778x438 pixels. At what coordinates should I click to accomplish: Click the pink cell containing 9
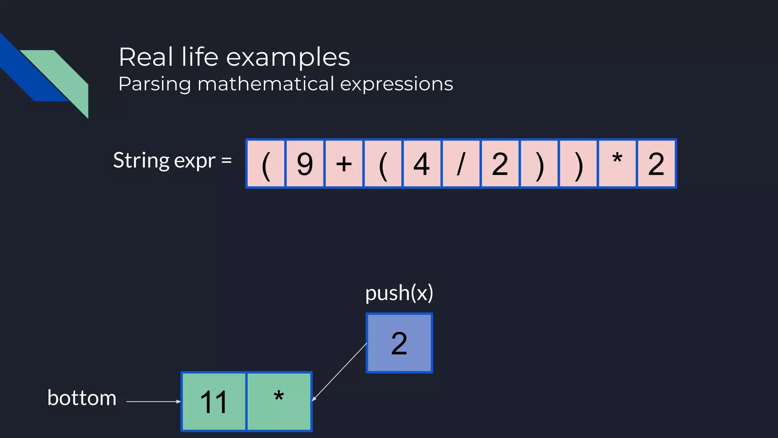click(305, 164)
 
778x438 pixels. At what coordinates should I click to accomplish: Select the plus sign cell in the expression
click(344, 164)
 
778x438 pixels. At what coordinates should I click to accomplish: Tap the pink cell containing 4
click(422, 164)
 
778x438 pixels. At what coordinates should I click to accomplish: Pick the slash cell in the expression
click(461, 164)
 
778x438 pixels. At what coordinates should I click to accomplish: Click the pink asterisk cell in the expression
click(617, 164)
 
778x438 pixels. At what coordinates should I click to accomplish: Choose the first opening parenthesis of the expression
click(266, 164)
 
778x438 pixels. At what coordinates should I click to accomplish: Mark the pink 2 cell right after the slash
click(500, 164)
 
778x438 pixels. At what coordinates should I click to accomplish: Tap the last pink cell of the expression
click(656, 164)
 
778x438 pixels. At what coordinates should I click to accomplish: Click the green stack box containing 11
click(214, 401)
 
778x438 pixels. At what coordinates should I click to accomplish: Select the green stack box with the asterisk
click(279, 401)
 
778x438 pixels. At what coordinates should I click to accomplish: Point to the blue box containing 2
click(399, 343)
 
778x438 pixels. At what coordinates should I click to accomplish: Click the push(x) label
click(399, 293)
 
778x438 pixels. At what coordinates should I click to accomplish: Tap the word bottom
click(82, 398)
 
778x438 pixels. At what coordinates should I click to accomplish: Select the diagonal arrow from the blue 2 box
click(339, 372)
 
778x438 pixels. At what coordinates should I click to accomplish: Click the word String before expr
click(141, 160)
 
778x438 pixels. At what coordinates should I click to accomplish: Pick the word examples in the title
click(288, 57)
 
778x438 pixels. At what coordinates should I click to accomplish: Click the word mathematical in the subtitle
click(266, 84)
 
